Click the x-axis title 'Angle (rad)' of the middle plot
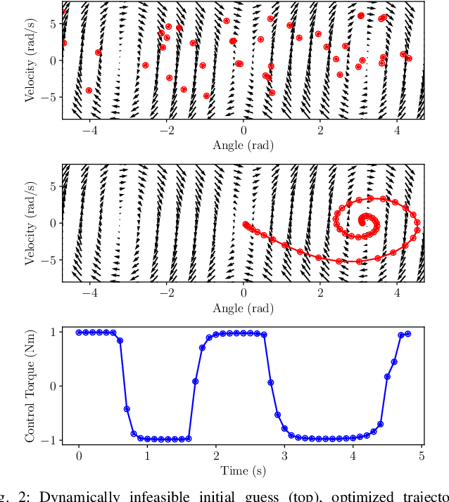point(243,308)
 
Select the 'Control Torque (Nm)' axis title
point(31,385)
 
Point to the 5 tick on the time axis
point(421,456)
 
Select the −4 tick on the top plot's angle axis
point(89,131)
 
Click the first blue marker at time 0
point(79,333)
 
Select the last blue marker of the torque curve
point(407,334)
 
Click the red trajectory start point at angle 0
point(244,224)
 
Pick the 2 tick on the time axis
point(215,456)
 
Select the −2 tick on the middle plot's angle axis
point(166,294)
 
